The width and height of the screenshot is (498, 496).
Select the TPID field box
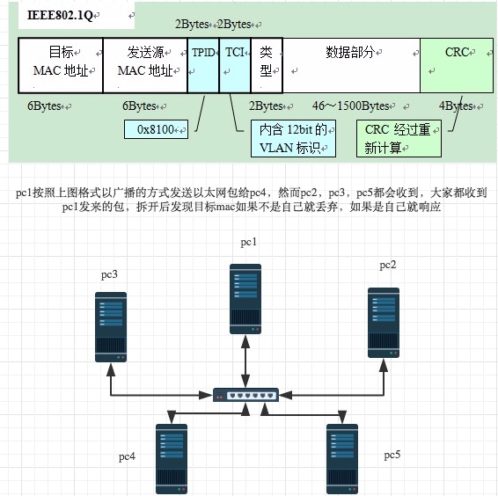click(203, 65)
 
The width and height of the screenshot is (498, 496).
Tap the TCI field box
click(235, 65)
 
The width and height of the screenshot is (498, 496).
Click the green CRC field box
click(456, 65)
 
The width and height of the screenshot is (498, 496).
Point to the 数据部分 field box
click(351, 65)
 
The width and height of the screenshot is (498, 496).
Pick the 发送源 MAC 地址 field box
click(145, 65)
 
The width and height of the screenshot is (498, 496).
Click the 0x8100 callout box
click(157, 131)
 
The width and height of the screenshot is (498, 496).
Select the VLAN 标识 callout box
click(293, 139)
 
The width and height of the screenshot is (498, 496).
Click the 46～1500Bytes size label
click(350, 106)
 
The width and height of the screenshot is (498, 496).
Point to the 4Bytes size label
click(457, 106)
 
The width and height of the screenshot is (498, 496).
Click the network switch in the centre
click(246, 394)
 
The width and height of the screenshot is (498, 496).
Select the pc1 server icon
click(246, 295)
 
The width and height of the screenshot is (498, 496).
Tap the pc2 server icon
click(383, 322)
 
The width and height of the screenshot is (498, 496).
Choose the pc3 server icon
click(111, 328)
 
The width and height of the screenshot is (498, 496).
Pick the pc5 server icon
click(342, 458)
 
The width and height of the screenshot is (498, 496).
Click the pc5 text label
click(392, 455)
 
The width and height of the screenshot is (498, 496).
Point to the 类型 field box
click(266, 65)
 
